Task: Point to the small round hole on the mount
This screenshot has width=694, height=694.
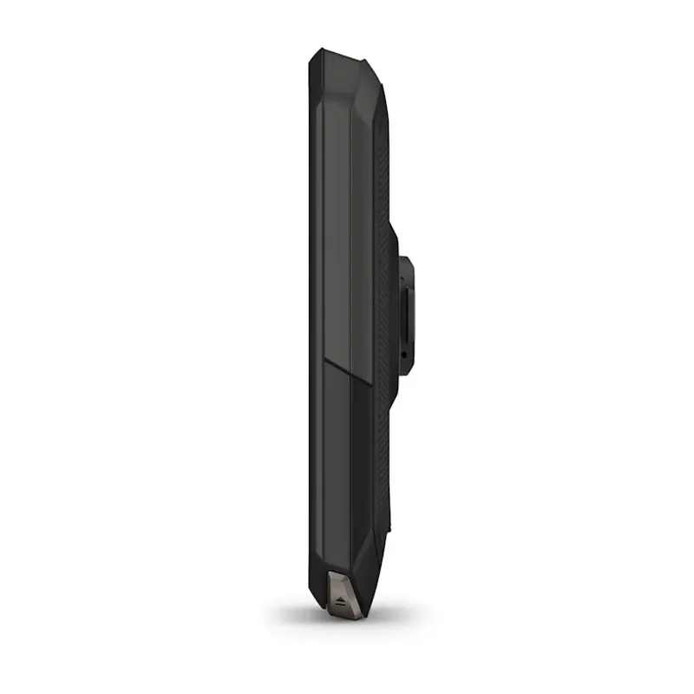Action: coord(403,354)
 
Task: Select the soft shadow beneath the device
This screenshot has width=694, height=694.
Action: coord(347,619)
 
